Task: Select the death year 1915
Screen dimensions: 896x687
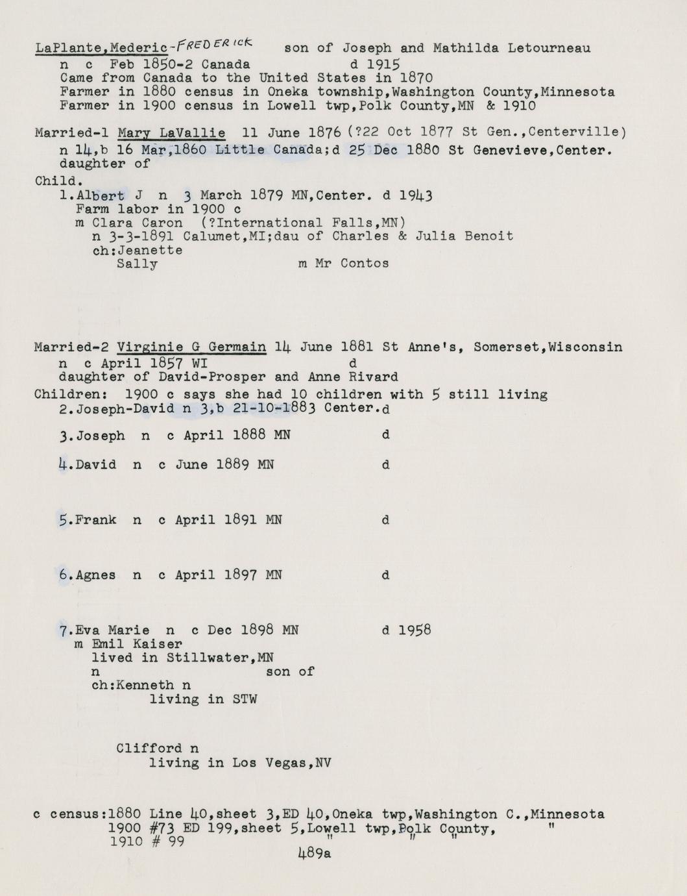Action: tap(383, 64)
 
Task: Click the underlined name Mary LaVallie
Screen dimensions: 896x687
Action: tap(171, 133)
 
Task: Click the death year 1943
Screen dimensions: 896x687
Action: tap(416, 195)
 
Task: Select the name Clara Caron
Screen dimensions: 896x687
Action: tap(138, 223)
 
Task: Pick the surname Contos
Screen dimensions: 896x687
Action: tap(365, 264)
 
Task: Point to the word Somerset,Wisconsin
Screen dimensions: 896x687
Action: tap(548, 347)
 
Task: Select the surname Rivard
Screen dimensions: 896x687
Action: tap(374, 377)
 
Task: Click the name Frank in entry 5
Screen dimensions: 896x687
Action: tap(96, 520)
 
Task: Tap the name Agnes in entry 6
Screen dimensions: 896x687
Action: tap(96, 575)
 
